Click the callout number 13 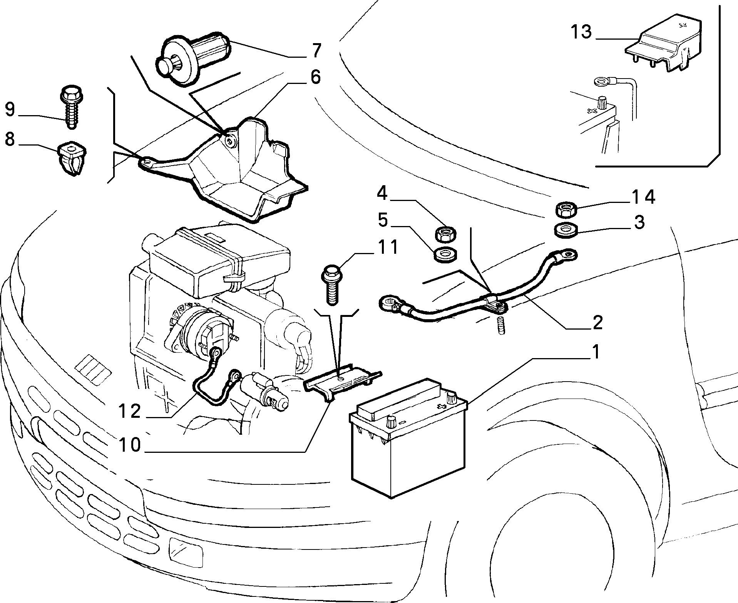tap(581, 32)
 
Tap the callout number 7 tap(316, 51)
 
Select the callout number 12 tap(129, 412)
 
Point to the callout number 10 tap(130, 445)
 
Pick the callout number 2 tap(597, 322)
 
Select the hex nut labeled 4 tap(445, 234)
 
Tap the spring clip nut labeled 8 tap(71, 158)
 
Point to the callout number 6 tap(315, 77)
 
